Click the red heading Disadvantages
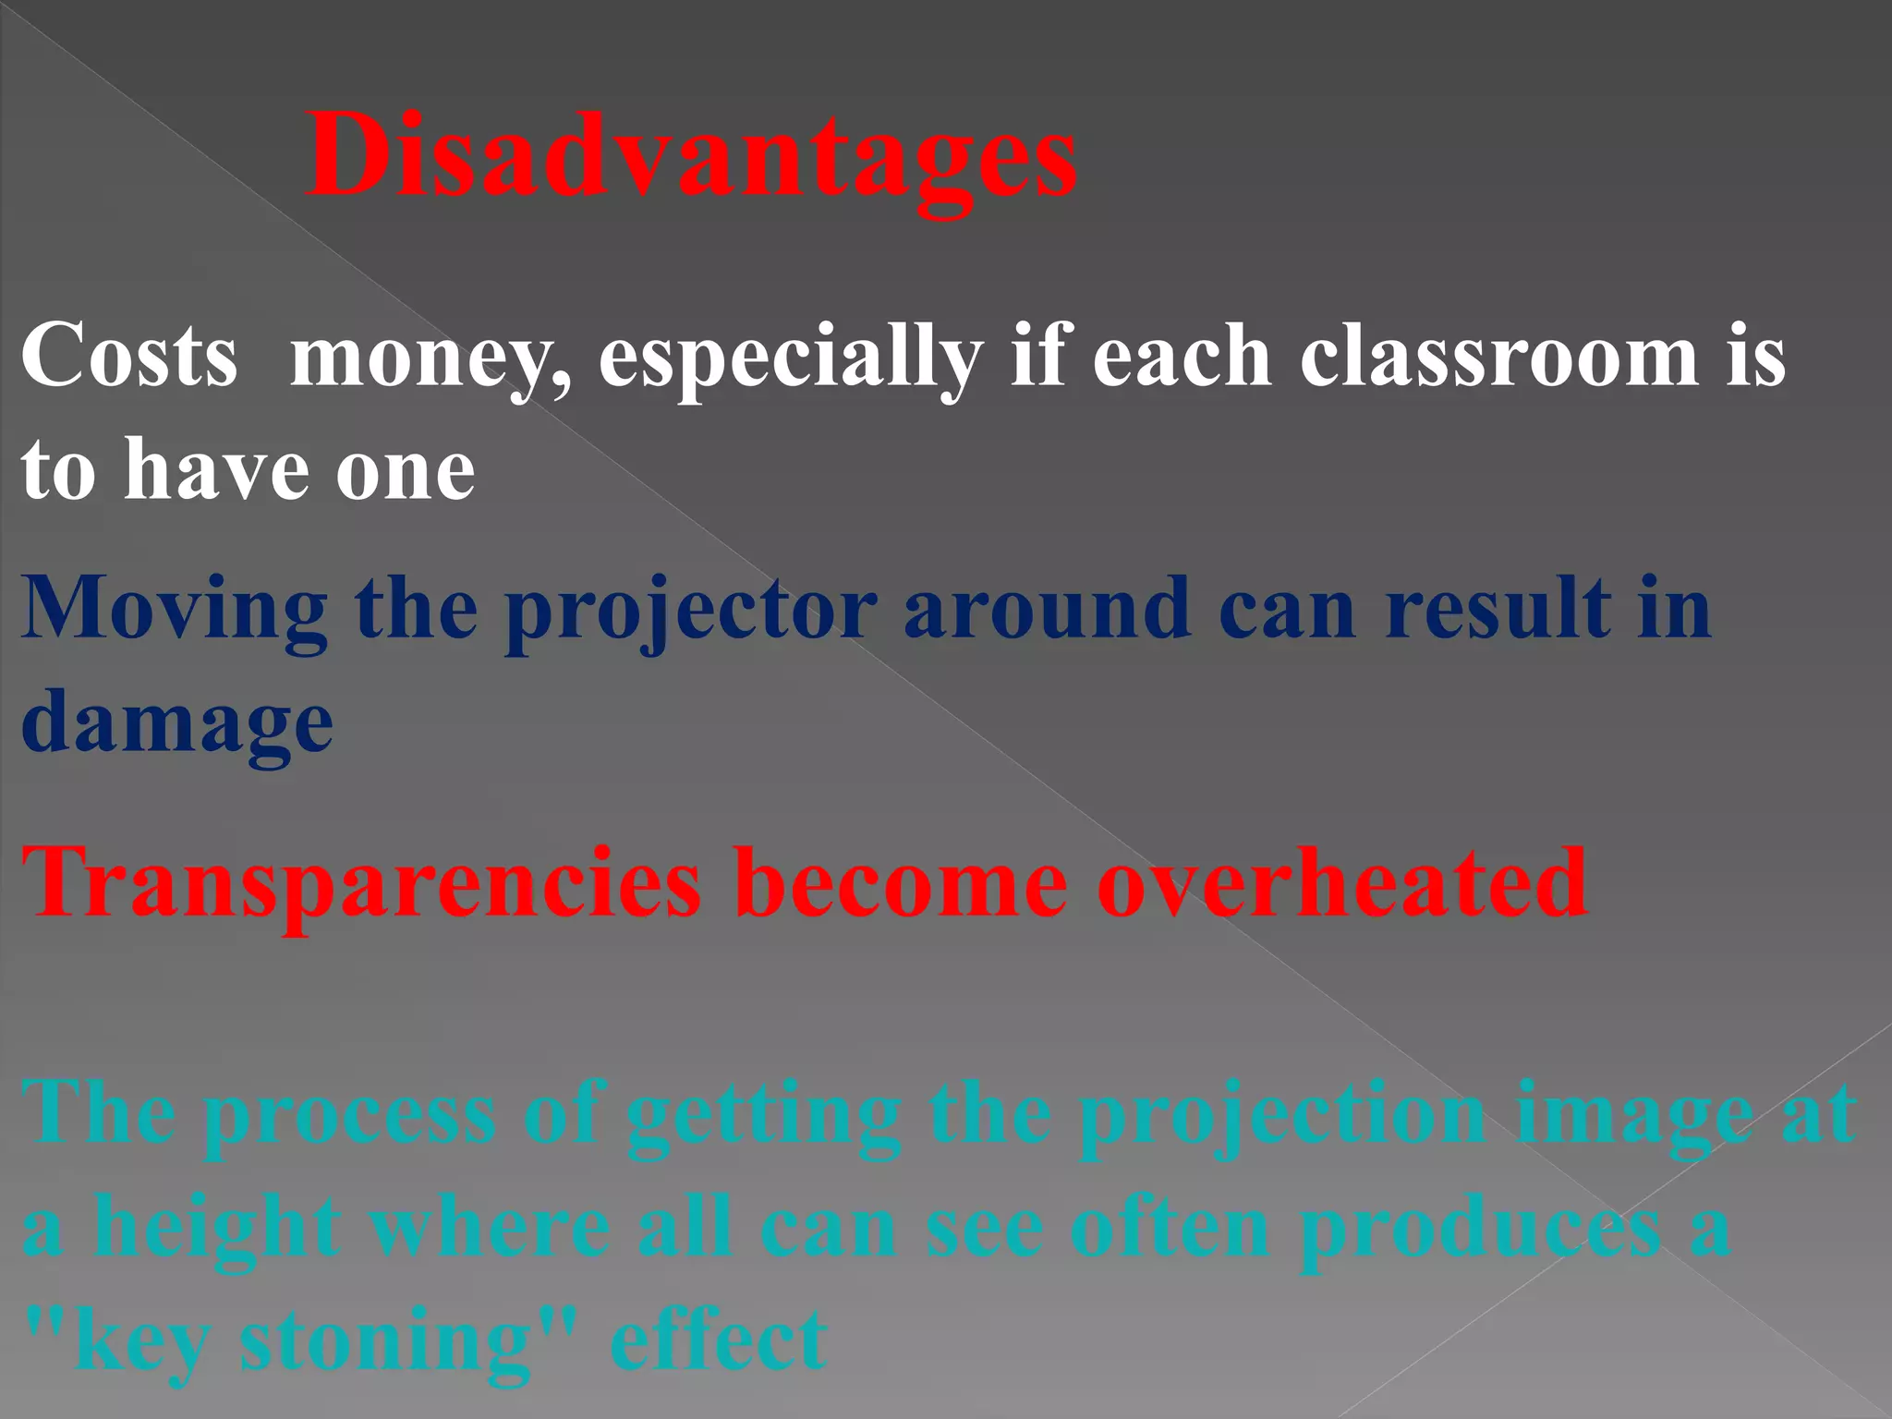pyautogui.click(x=691, y=155)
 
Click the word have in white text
pyautogui.click(x=216, y=471)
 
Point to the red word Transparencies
pyautogui.click(x=361, y=885)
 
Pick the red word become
pyautogui.click(x=901, y=885)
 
